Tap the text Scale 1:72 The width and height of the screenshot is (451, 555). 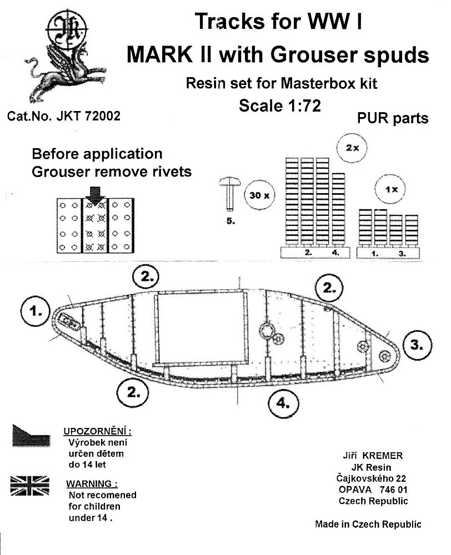click(x=280, y=105)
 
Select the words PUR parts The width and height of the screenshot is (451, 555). click(x=392, y=119)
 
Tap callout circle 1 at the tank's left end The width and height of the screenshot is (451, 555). click(x=37, y=312)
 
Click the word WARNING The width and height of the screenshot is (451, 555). click(x=92, y=483)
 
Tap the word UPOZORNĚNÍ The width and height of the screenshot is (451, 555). click(x=99, y=432)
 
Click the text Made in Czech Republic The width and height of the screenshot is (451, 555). click(x=368, y=524)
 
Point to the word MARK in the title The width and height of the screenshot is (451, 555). click(x=158, y=55)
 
